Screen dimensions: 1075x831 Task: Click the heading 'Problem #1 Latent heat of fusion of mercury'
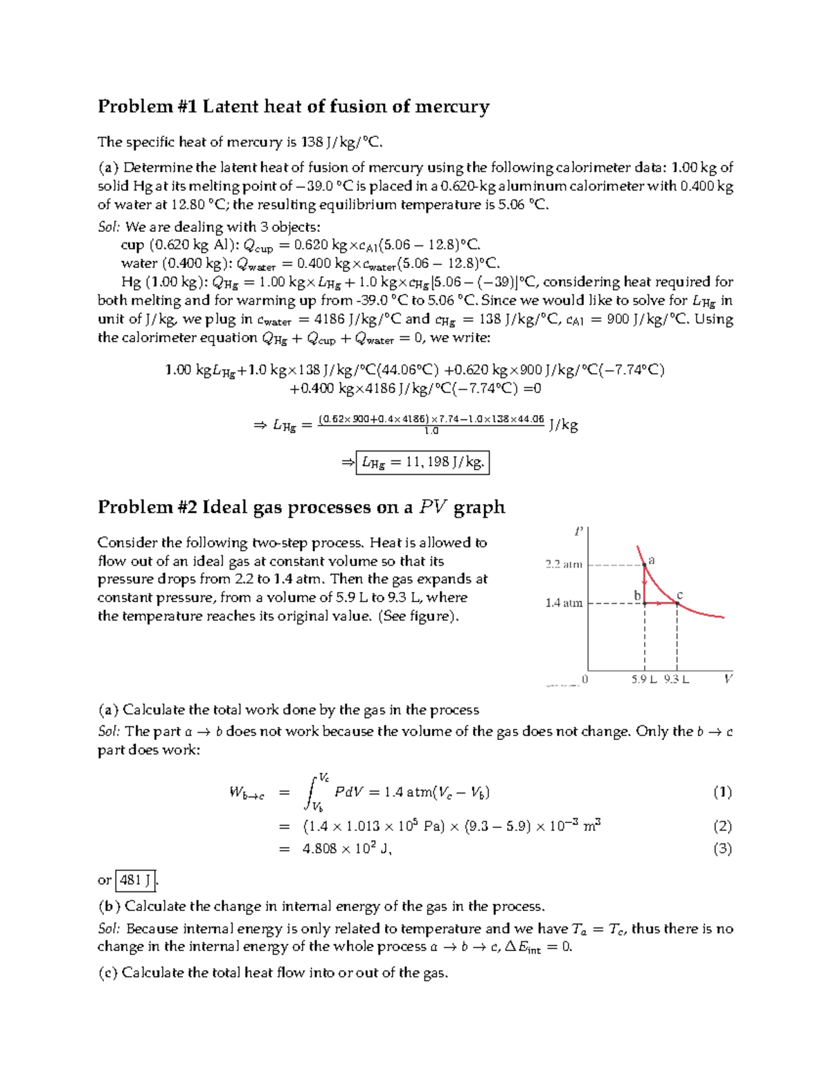coord(293,107)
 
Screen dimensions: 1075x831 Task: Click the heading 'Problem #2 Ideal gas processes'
coord(301,507)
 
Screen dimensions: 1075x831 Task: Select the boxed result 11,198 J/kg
coord(422,462)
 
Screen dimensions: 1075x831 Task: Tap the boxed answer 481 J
coord(136,880)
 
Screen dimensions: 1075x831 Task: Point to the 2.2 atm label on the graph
coord(564,564)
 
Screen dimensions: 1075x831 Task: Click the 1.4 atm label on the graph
coord(564,603)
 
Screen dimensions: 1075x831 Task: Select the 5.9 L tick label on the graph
coord(643,679)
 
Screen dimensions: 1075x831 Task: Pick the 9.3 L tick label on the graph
coord(676,679)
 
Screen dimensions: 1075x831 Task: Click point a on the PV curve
coord(645,564)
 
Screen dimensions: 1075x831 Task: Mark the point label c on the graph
coord(679,595)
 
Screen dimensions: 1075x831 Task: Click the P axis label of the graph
coord(579,532)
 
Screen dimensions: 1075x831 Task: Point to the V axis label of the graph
coord(728,679)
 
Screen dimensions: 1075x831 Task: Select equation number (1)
coord(722,792)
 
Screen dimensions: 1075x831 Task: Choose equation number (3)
coord(722,849)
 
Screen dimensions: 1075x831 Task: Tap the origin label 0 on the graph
coord(585,679)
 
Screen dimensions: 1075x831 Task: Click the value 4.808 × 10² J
coord(347,849)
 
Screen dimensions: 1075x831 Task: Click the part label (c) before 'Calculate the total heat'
coord(108,973)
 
